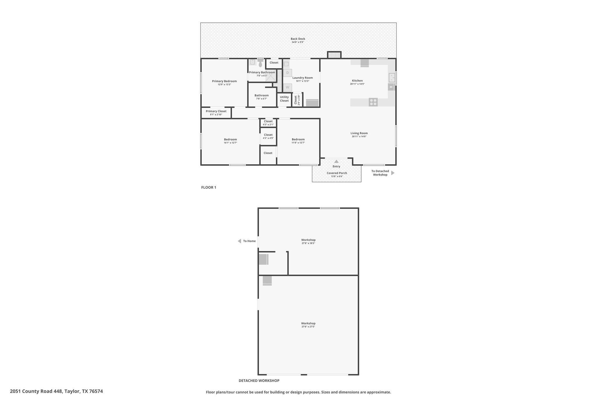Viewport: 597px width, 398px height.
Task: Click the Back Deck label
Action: (298, 39)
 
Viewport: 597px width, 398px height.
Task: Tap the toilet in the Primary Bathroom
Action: (260, 63)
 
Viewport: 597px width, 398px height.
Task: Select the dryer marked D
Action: (287, 73)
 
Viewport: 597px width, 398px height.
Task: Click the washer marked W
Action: (287, 87)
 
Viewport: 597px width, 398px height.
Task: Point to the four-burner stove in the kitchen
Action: (373, 102)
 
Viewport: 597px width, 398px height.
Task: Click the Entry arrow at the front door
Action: (336, 161)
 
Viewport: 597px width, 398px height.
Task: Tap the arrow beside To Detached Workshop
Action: (393, 173)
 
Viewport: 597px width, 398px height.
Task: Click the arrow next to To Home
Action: (239, 241)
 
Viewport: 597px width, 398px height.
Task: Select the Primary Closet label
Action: (216, 111)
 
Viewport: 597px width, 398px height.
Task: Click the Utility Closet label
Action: (284, 99)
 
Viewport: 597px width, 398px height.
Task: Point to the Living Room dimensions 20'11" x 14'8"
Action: (359, 136)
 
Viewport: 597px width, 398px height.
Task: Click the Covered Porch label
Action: (337, 173)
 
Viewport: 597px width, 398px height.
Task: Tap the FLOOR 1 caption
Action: (209, 187)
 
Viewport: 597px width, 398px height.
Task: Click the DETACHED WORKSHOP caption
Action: (259, 381)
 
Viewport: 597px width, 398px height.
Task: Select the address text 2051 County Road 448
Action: (36, 391)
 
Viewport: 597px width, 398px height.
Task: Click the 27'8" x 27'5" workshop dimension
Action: (308, 327)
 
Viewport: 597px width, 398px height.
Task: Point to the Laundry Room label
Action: (303, 78)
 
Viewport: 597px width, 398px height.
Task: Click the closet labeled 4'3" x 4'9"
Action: (268, 136)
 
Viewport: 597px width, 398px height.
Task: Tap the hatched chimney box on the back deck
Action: (334, 55)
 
